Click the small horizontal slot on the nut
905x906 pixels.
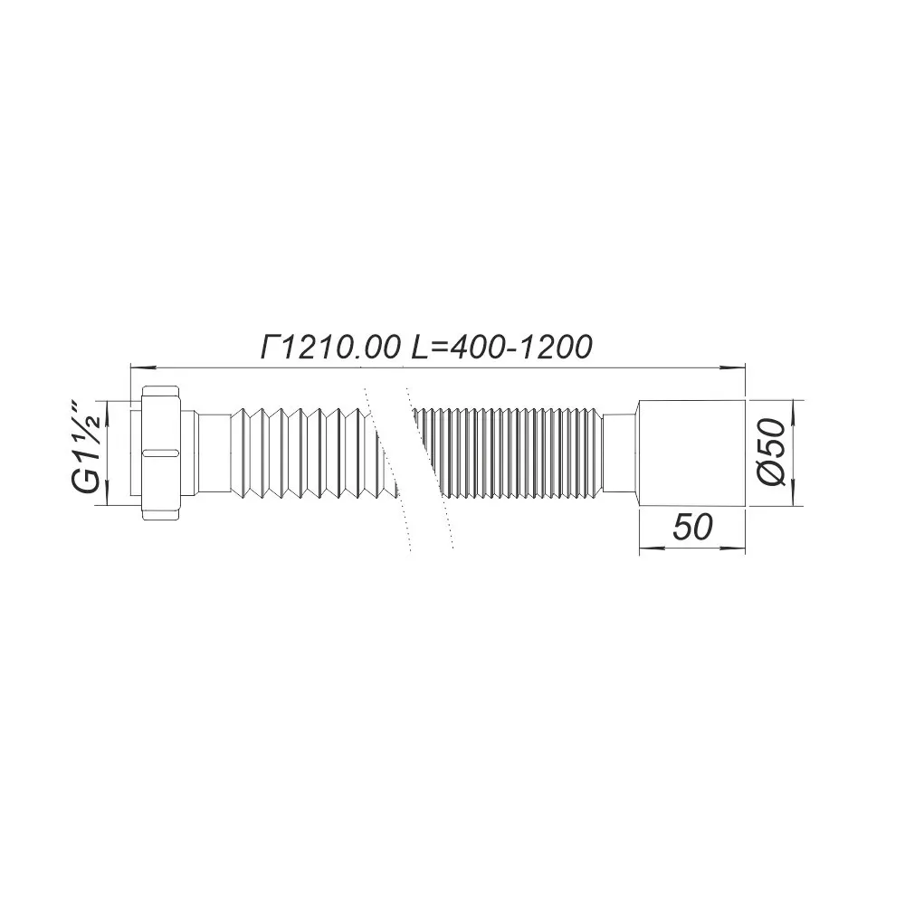point(161,450)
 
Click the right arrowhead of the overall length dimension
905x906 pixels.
point(738,367)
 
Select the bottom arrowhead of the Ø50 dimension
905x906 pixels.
point(795,497)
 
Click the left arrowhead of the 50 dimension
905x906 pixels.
point(647,548)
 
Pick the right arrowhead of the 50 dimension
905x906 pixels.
point(738,548)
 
